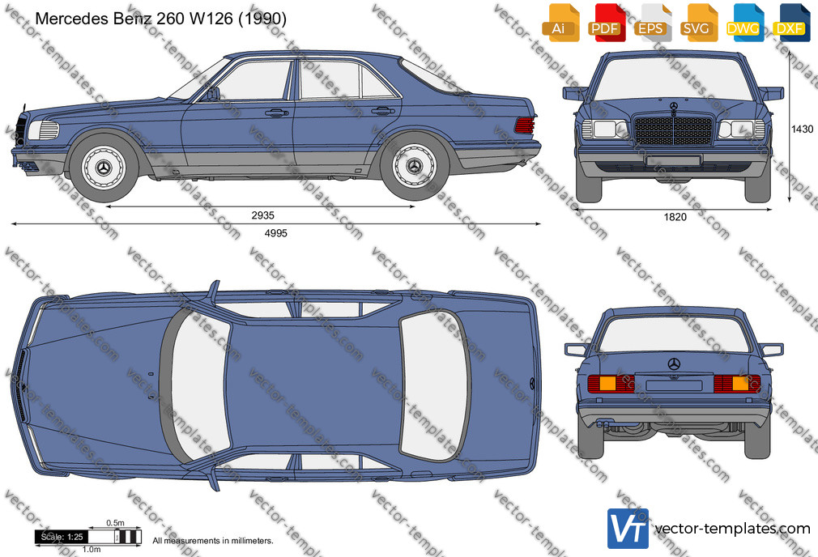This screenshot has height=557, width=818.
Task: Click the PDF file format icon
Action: pyautogui.click(x=605, y=23)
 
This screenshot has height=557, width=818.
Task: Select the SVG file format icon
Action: pyautogui.click(x=696, y=23)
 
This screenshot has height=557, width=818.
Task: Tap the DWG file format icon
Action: pyautogui.click(x=743, y=23)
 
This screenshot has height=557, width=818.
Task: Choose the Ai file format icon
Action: pyautogui.click(x=560, y=23)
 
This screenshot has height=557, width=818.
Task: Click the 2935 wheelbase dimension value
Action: pyautogui.click(x=262, y=215)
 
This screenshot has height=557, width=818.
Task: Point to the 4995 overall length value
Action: pyautogui.click(x=276, y=234)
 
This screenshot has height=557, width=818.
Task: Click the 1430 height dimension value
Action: pyautogui.click(x=803, y=130)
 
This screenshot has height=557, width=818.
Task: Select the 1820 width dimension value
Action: pyautogui.click(x=675, y=218)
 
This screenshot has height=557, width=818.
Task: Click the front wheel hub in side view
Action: pyautogui.click(x=104, y=167)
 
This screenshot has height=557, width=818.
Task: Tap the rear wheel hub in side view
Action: pyautogui.click(x=415, y=166)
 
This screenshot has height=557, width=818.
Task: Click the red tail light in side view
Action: pyautogui.click(x=524, y=125)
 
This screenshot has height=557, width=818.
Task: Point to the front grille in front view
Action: pyautogui.click(x=674, y=130)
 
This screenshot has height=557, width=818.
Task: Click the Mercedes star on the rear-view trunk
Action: pyautogui.click(x=674, y=364)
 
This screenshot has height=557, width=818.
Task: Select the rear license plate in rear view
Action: pyautogui.click(x=674, y=385)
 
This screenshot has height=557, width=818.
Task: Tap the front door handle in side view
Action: pyautogui.click(x=276, y=113)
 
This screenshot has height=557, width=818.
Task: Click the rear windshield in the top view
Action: pyautogui.click(x=435, y=386)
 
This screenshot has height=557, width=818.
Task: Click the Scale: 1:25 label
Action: pyautogui.click(x=62, y=537)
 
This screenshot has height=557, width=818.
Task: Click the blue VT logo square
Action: pyautogui.click(x=628, y=529)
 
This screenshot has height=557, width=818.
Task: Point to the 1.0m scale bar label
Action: pyautogui.click(x=92, y=549)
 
